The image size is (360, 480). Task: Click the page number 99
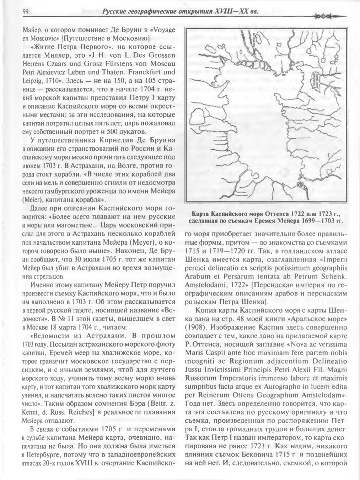(x=25, y=12)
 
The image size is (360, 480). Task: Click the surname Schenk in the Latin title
(x=330, y=276)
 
